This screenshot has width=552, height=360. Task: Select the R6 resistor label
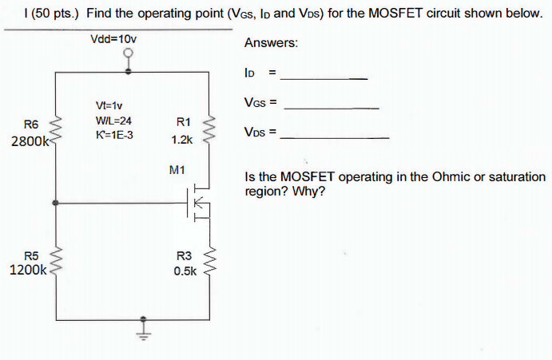point(31,124)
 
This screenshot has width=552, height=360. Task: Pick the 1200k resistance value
point(29,270)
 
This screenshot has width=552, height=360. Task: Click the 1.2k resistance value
point(181,139)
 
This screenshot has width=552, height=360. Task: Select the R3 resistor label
point(184,255)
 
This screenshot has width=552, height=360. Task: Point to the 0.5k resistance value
point(184,271)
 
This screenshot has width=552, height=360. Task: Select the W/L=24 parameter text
point(113,120)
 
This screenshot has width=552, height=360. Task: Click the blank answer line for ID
point(327,78)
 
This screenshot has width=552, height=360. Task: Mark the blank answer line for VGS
point(332,107)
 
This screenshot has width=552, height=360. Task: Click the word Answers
point(271,43)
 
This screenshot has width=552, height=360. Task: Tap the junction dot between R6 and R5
point(54,204)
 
